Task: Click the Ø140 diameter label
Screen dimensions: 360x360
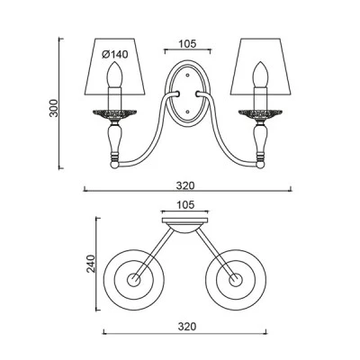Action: [x=115, y=55]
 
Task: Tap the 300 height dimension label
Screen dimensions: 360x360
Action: [x=54, y=108]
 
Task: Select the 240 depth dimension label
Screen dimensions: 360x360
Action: [x=91, y=264]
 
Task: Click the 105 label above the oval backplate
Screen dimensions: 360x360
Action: [x=187, y=44]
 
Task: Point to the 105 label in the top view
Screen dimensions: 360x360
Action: [x=185, y=205]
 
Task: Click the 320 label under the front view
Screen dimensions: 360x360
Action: [x=185, y=185]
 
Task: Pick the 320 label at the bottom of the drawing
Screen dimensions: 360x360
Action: [x=186, y=326]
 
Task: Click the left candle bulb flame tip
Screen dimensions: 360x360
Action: [x=113, y=62]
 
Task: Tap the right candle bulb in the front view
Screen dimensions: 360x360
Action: [x=260, y=74]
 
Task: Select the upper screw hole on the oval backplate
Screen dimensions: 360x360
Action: [x=188, y=75]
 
